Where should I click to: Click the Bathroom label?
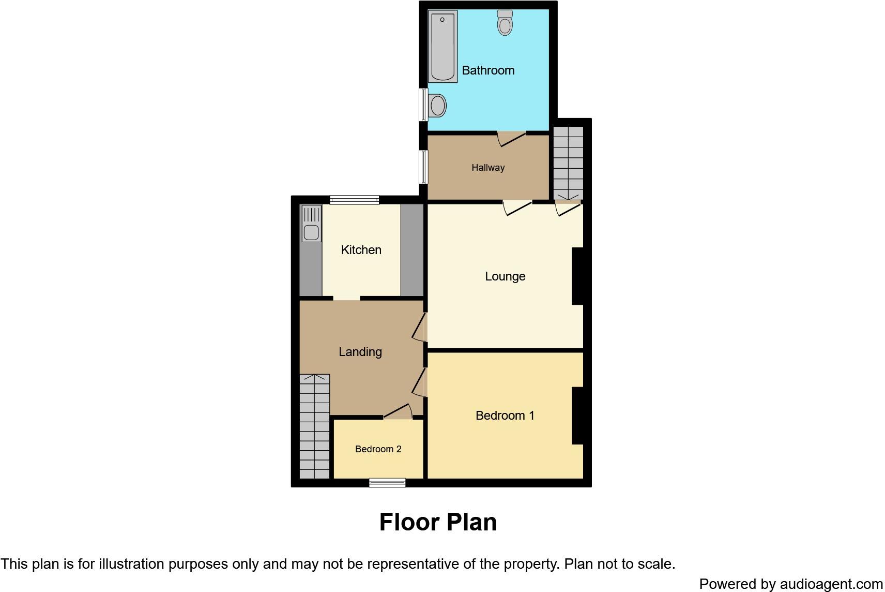(x=487, y=70)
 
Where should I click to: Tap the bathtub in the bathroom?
(x=442, y=47)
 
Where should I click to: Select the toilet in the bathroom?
(x=505, y=22)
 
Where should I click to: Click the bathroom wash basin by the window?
(x=437, y=106)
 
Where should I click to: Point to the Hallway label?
(x=487, y=168)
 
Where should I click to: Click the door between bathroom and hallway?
(x=511, y=138)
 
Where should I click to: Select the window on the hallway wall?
(x=423, y=167)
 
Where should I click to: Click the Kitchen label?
(x=361, y=250)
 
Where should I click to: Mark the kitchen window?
(x=354, y=200)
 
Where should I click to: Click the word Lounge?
(x=505, y=276)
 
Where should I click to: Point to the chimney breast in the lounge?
(x=577, y=276)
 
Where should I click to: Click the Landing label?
(x=360, y=352)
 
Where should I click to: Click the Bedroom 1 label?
(x=505, y=416)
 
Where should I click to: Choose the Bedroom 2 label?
(x=378, y=449)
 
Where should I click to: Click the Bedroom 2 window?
(x=387, y=483)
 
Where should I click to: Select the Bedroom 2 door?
(x=398, y=412)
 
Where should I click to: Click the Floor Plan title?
(x=438, y=522)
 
